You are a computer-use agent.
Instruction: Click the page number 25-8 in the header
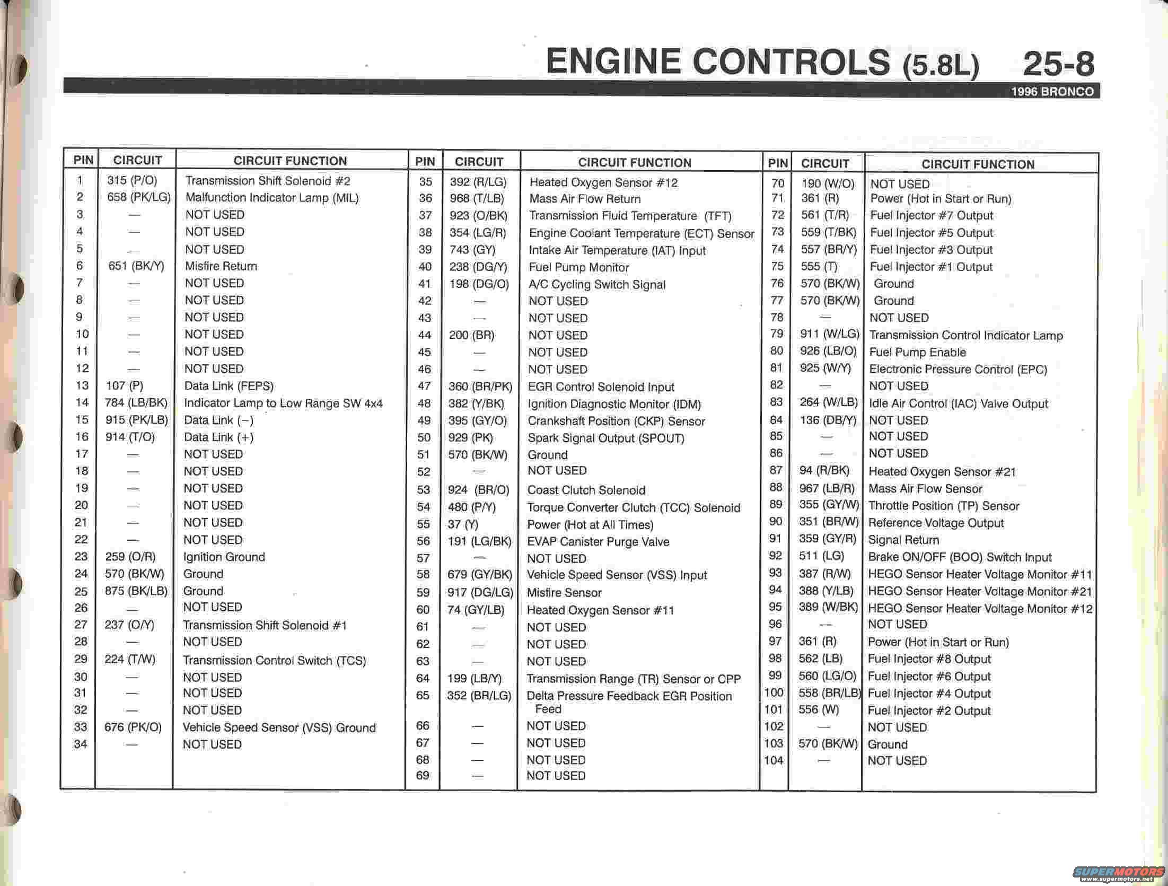tap(1058, 65)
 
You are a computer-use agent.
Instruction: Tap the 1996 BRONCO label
tap(1052, 92)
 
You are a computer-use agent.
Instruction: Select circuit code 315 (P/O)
tap(132, 180)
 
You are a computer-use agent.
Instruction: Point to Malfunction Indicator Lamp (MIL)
tap(272, 198)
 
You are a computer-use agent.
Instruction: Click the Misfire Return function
tap(221, 266)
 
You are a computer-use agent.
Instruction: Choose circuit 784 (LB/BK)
tap(136, 402)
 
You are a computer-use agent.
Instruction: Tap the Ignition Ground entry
tap(224, 557)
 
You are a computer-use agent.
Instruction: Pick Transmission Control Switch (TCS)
tap(274, 660)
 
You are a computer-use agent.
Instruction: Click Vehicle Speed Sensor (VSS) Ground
tap(279, 727)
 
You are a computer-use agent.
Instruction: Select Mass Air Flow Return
tap(585, 199)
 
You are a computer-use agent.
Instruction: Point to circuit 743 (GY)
tap(472, 250)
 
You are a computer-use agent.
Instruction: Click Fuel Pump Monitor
tap(579, 267)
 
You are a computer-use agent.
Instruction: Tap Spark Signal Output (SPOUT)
tap(605, 438)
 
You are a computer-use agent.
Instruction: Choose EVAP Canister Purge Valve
tap(598, 541)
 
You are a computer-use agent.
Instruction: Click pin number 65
tap(423, 695)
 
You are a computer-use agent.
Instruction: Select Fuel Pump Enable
tap(917, 352)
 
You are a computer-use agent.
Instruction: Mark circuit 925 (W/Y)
tap(825, 368)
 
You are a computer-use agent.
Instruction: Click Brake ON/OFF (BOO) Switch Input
tap(960, 557)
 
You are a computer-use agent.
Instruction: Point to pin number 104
tap(774, 760)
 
